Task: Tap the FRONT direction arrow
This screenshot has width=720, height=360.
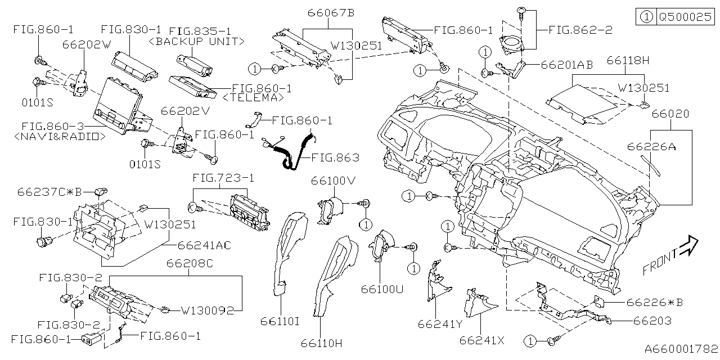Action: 670,255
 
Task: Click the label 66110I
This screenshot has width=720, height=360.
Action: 280,321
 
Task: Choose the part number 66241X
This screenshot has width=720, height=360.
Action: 483,340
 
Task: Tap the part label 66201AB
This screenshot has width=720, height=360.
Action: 566,65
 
